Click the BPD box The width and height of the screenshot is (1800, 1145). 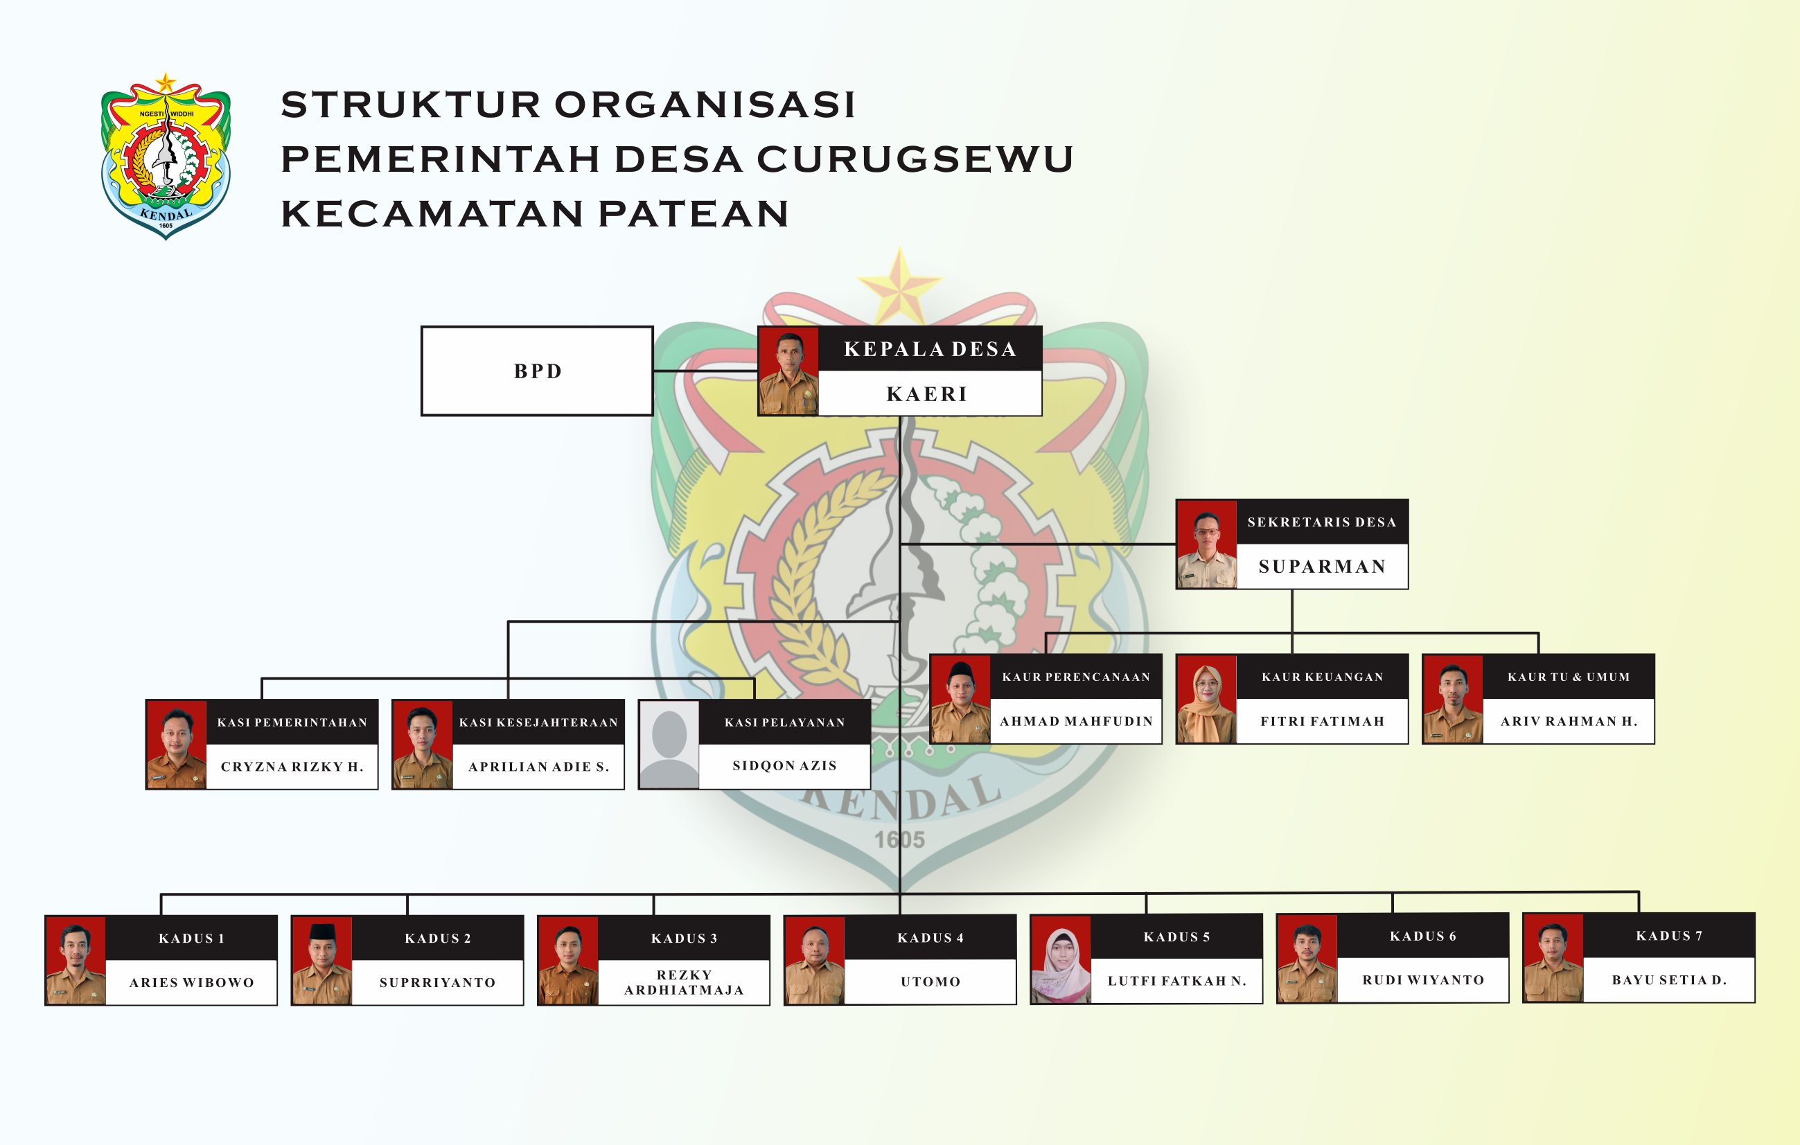[x=537, y=371]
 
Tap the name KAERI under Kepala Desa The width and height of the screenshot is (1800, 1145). [x=927, y=394]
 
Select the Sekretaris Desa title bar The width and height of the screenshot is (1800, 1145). [x=1322, y=522]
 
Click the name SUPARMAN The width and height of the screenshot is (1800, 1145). [x=1322, y=567]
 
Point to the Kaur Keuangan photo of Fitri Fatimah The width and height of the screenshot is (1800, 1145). [x=1206, y=700]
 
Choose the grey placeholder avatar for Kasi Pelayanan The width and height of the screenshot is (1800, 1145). [x=669, y=745]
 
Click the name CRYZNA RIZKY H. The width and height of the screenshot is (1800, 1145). [x=292, y=767]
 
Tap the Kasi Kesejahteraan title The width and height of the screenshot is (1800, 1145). [x=538, y=722]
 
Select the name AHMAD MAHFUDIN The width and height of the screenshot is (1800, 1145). [x=1076, y=721]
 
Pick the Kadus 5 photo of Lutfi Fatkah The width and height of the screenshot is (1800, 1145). [x=1061, y=959]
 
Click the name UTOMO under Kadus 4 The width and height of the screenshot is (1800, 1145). [x=930, y=982]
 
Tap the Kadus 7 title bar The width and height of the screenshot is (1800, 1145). [x=1668, y=936]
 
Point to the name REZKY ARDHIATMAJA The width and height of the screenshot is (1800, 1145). [x=683, y=983]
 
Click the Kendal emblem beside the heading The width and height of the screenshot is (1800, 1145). [x=166, y=157]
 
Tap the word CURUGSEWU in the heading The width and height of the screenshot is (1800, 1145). [x=915, y=159]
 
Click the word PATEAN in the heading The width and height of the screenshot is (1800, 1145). [x=693, y=214]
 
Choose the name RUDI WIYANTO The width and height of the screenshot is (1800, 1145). [x=1422, y=980]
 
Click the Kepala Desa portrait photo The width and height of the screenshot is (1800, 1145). [x=788, y=371]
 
